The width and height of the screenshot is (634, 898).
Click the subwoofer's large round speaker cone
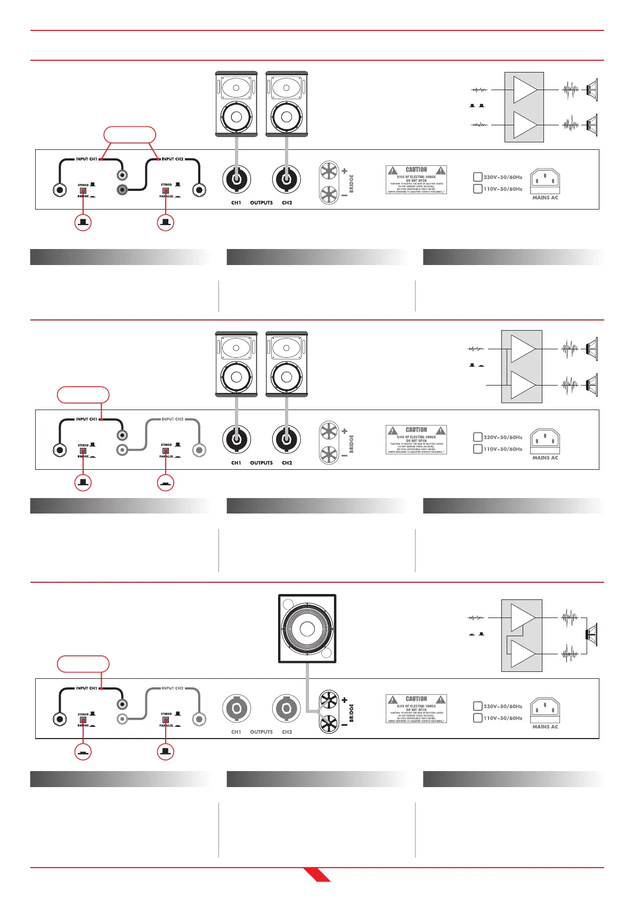(307, 629)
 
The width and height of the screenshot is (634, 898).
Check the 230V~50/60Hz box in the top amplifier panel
(478, 177)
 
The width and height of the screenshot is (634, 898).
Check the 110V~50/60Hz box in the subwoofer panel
(478, 718)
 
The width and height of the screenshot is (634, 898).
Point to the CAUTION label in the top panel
(416, 180)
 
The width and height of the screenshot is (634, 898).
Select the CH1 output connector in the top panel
(237, 179)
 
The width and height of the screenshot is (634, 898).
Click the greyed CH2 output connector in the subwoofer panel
(287, 708)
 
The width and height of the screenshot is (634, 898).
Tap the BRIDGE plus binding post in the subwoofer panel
(329, 700)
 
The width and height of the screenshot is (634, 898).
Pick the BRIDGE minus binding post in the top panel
(329, 195)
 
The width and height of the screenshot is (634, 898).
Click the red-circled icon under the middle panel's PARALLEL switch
(166, 483)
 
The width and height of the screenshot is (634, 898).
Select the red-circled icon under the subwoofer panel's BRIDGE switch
(83, 751)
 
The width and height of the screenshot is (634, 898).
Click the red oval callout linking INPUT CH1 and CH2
(129, 135)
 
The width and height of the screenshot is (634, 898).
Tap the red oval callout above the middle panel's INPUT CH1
(83, 395)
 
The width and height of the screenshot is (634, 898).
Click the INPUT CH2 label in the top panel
(173, 159)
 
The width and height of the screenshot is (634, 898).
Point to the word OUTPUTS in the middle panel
(261, 463)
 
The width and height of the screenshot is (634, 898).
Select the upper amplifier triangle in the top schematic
(524, 90)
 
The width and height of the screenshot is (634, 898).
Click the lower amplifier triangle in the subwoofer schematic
(522, 653)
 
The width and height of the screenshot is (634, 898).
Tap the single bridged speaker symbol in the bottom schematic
(591, 634)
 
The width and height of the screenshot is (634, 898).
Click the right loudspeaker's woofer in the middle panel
(287, 377)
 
